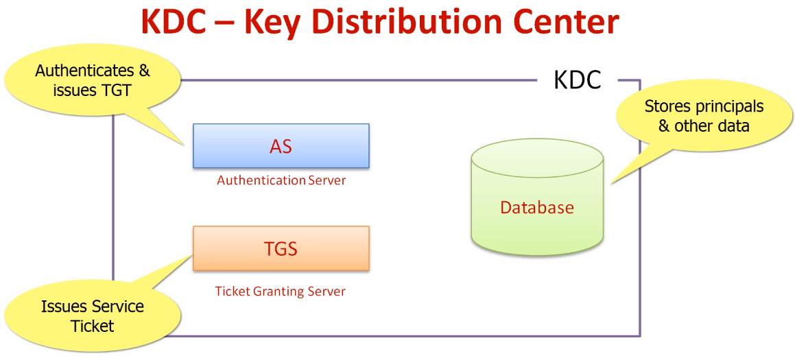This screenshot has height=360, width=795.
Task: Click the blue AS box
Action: (x=281, y=145)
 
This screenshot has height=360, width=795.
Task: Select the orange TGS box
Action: (x=281, y=248)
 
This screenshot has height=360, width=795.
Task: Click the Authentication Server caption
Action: (x=281, y=180)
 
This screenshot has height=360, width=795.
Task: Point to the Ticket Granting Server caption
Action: (x=281, y=291)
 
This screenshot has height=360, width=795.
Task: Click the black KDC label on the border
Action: (x=577, y=80)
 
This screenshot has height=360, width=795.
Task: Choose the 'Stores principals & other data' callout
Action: (x=704, y=116)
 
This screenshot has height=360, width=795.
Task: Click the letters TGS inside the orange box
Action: (x=281, y=249)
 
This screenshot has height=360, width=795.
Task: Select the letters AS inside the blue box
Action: (x=281, y=147)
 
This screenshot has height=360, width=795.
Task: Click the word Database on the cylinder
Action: (x=537, y=207)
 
